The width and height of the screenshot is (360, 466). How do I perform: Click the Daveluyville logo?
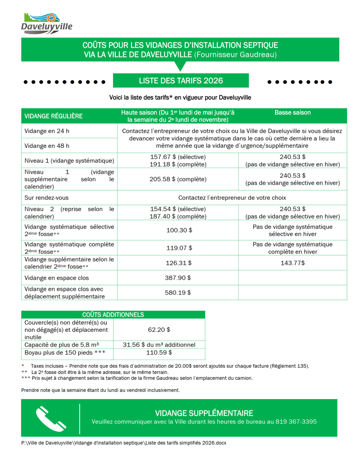coord(46,24)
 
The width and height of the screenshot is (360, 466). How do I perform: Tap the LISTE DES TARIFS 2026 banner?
coord(181,81)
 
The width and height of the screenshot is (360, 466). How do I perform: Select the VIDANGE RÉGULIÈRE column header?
coord(53,116)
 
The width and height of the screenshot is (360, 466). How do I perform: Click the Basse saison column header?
coord(292,113)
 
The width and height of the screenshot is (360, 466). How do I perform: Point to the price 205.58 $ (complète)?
coord(178,179)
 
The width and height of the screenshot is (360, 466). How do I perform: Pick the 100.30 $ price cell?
coord(179,230)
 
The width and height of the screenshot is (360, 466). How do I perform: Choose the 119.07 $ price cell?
coord(179,248)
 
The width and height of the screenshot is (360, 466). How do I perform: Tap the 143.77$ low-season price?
coord(292,263)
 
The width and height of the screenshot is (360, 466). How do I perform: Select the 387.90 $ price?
coord(178,278)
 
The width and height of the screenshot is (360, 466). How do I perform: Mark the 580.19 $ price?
coord(178,292)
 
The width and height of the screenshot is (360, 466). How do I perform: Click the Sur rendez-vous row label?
coord(46,198)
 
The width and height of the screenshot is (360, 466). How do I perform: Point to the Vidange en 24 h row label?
coord(47,131)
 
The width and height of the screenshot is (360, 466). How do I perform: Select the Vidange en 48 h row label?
coord(47,146)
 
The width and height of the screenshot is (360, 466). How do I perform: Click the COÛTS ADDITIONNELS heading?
coord(113,315)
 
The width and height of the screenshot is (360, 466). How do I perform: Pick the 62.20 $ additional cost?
coord(159,330)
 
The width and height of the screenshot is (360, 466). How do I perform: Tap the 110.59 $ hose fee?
coord(159,353)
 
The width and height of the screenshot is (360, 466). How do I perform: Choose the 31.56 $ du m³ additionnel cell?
coord(159,345)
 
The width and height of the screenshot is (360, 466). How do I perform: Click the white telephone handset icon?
coord(51,419)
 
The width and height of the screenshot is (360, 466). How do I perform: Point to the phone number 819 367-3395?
coord(296,422)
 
